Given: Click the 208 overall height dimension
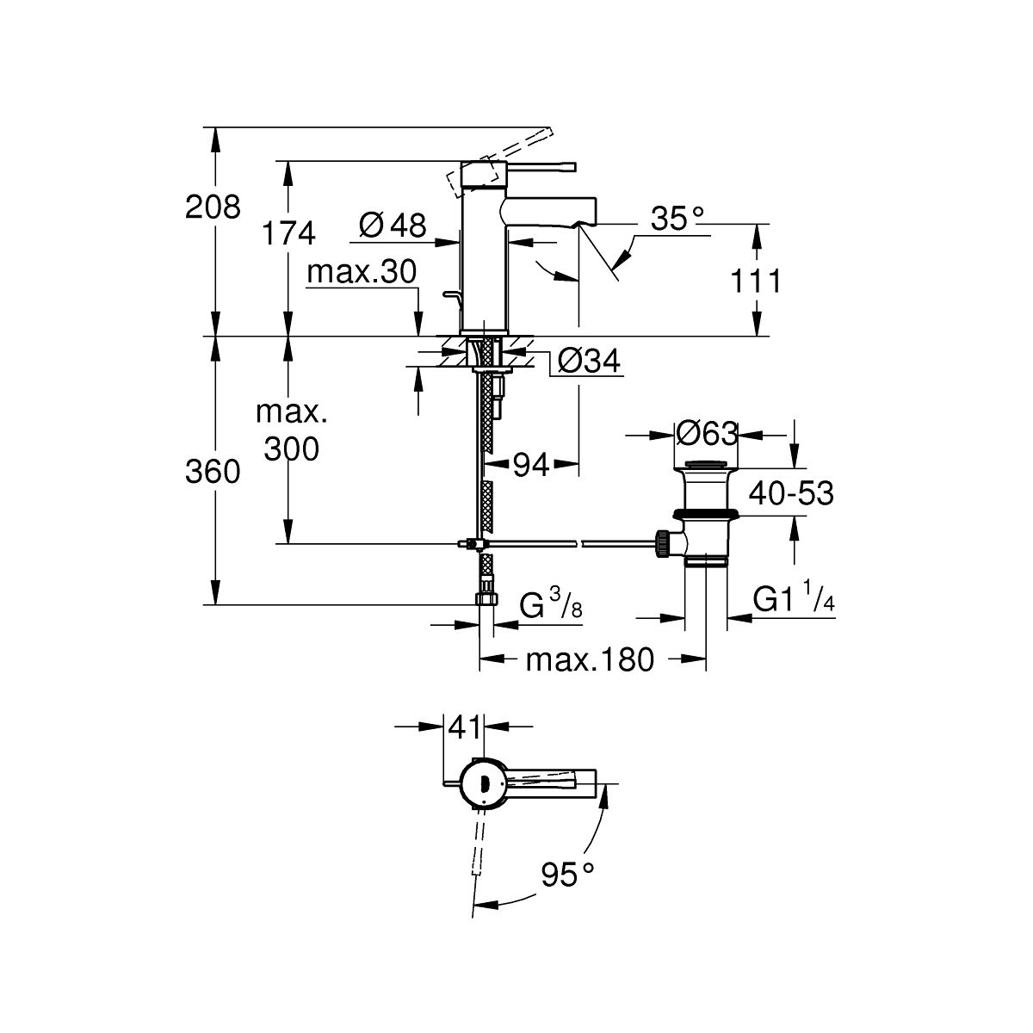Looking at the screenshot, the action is (213, 207).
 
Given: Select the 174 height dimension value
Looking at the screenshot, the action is (288, 233).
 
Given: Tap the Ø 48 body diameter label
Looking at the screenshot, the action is (393, 225).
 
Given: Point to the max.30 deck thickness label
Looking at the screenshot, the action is (362, 272).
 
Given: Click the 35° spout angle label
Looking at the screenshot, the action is (677, 219).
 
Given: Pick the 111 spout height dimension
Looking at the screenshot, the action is (755, 281).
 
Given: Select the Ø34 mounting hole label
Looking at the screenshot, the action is (589, 361).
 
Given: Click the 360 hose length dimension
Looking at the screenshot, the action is (213, 473).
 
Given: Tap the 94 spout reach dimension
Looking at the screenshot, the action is (531, 465).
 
